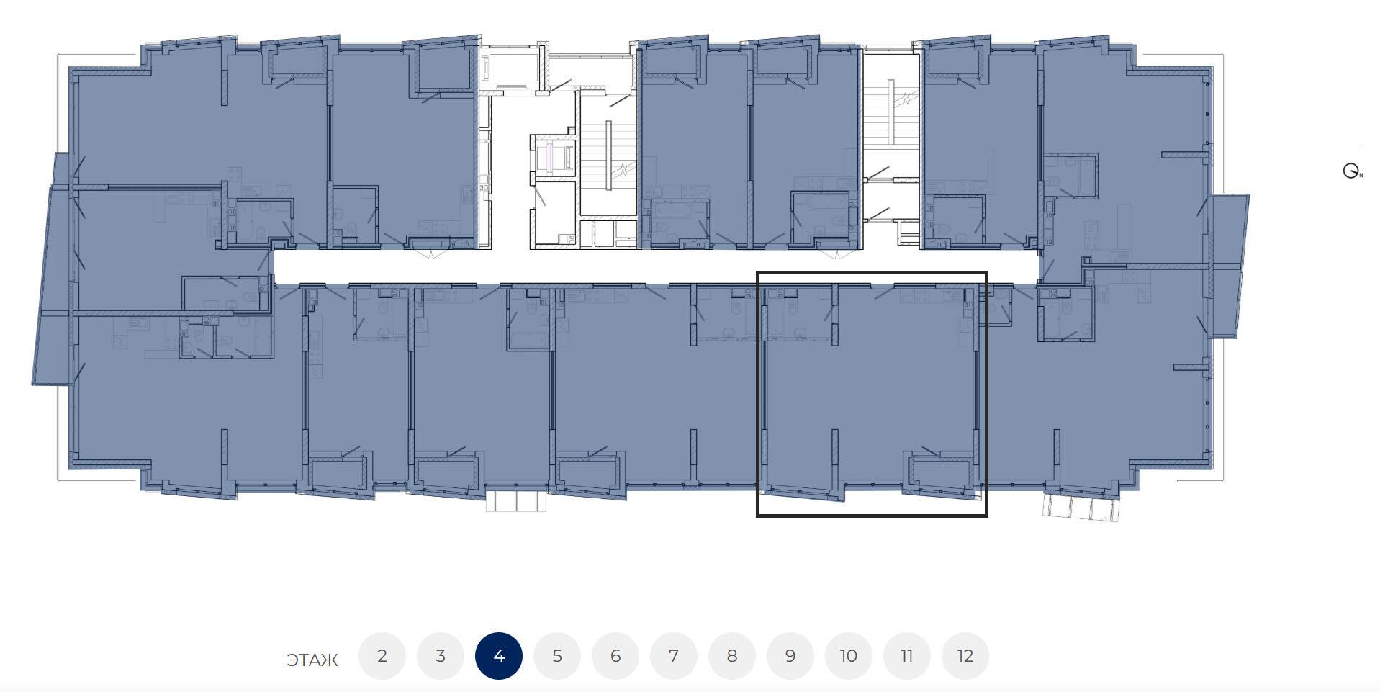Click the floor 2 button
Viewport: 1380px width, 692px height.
pyautogui.click(x=382, y=656)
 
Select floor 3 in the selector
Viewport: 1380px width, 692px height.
pyautogui.click(x=440, y=656)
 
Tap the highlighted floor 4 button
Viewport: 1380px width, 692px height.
pyautogui.click(x=498, y=656)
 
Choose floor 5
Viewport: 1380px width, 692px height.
pyautogui.click(x=556, y=656)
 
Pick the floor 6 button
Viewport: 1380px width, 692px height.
pyautogui.click(x=615, y=656)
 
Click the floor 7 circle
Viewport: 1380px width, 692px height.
pyautogui.click(x=673, y=656)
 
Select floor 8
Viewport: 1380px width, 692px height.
pyautogui.click(x=731, y=656)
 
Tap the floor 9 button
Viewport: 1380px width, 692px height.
pyautogui.click(x=790, y=656)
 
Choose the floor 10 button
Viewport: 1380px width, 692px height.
pyautogui.click(x=848, y=656)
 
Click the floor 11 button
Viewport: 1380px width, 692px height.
pyautogui.click(x=906, y=656)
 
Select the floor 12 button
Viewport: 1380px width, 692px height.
pyautogui.click(x=965, y=656)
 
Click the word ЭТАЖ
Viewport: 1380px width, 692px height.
pyautogui.click(x=312, y=660)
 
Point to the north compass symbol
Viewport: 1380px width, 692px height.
pyautogui.click(x=1352, y=171)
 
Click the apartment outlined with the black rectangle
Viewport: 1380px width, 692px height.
pyautogui.click(x=872, y=394)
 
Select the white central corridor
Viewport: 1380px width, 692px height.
pyautogui.click(x=655, y=266)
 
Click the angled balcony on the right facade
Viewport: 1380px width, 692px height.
pyautogui.click(x=1230, y=266)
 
